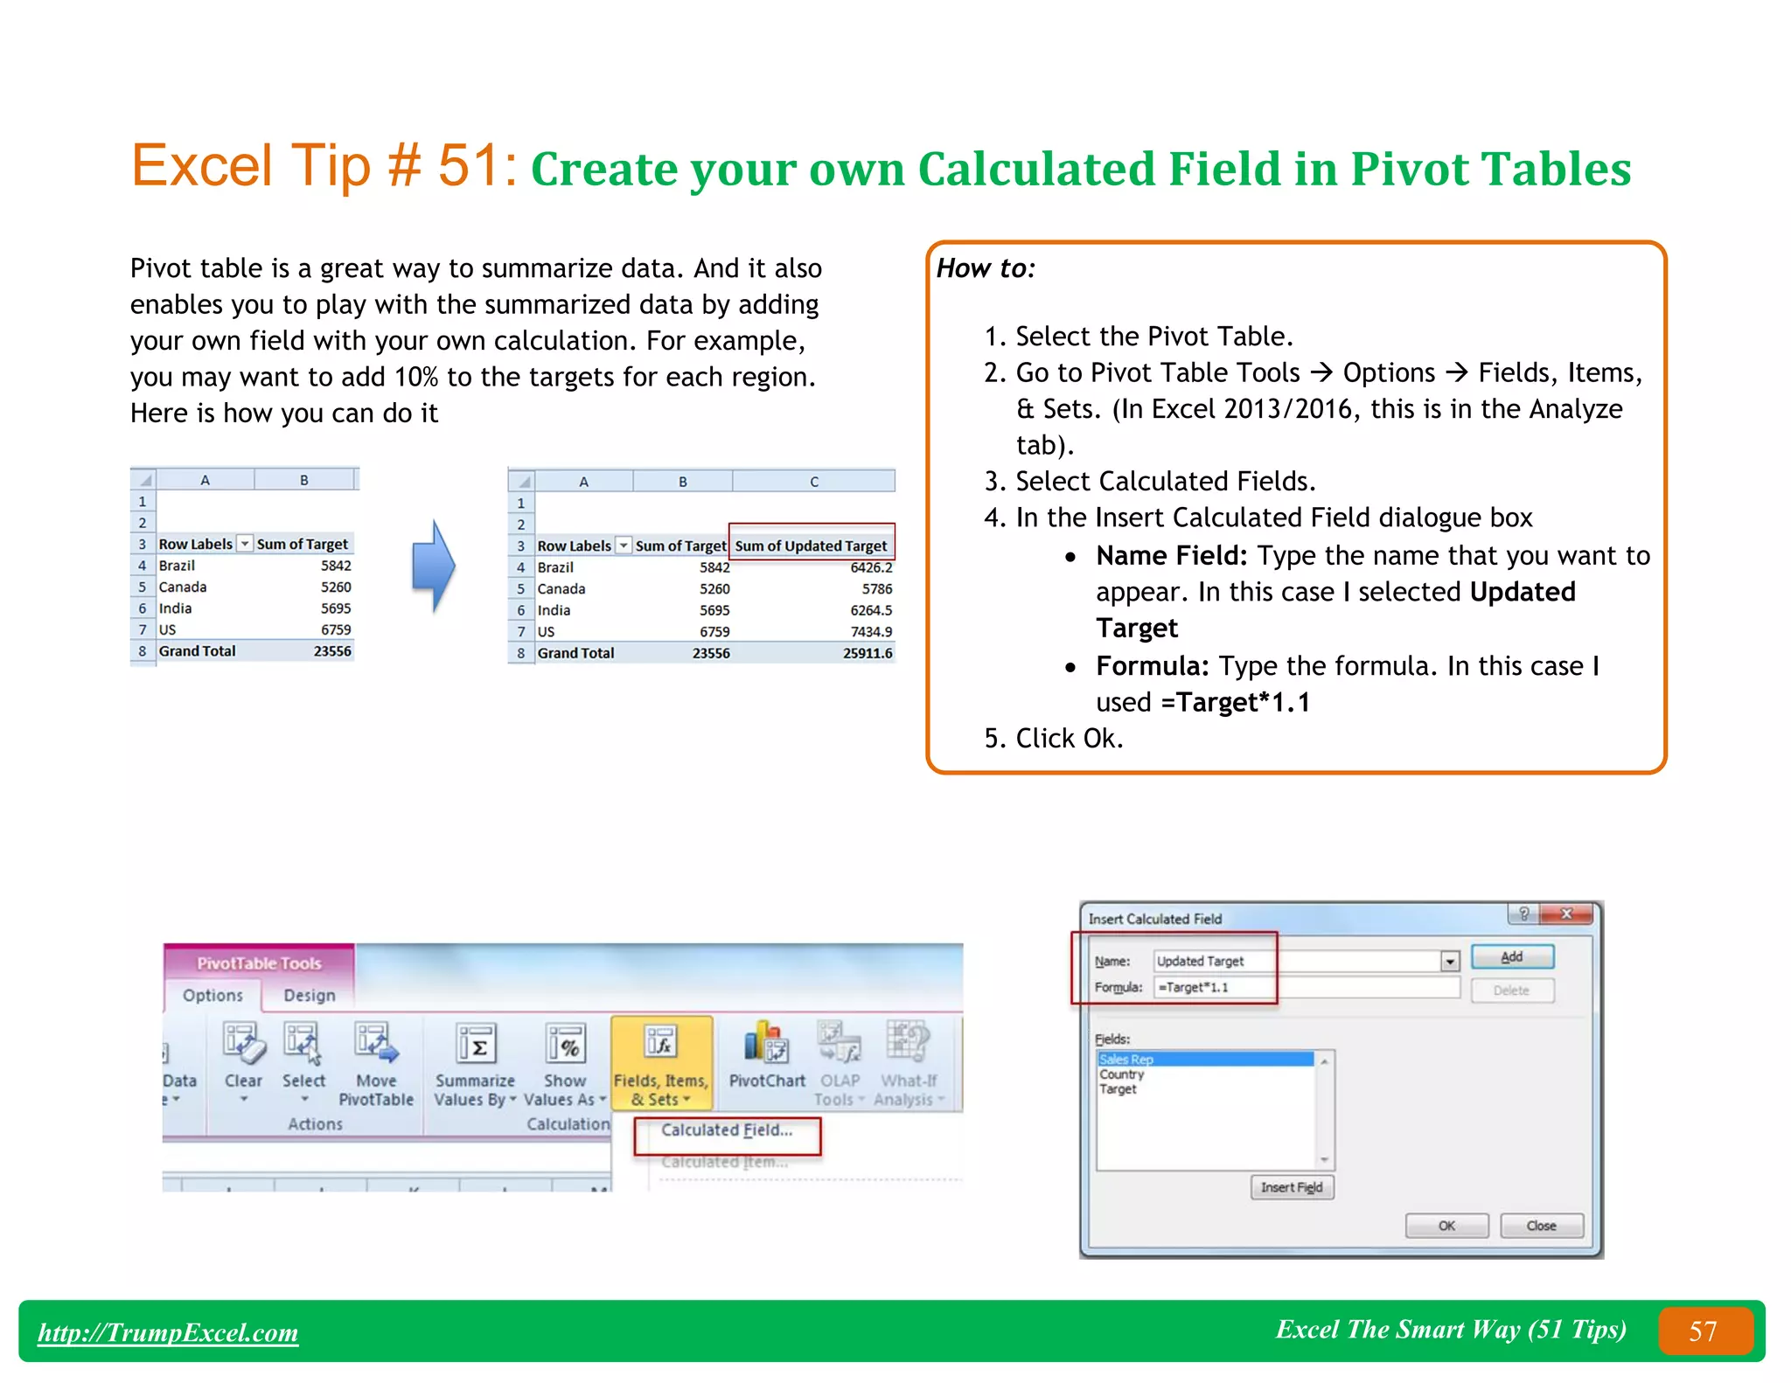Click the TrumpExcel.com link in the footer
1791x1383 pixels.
coord(168,1332)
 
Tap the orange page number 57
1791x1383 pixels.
coord(1704,1331)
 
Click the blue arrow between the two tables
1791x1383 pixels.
coord(433,566)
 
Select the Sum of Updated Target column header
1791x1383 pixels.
coord(811,546)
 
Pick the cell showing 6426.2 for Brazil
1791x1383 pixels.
coord(870,567)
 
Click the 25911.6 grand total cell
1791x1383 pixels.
coord(867,653)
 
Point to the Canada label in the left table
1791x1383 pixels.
coord(183,587)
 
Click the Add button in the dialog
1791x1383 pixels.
coord(1511,957)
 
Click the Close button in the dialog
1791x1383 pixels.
coord(1540,1226)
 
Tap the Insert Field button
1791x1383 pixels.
coord(1291,1187)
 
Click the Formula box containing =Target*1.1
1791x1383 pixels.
coord(1307,987)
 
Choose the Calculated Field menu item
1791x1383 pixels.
coord(727,1130)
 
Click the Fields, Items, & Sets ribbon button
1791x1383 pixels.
coord(661,1063)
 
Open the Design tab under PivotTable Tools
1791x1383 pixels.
coord(309,996)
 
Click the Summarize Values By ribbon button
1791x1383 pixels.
coord(476,1063)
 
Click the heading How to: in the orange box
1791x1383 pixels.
coord(986,268)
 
